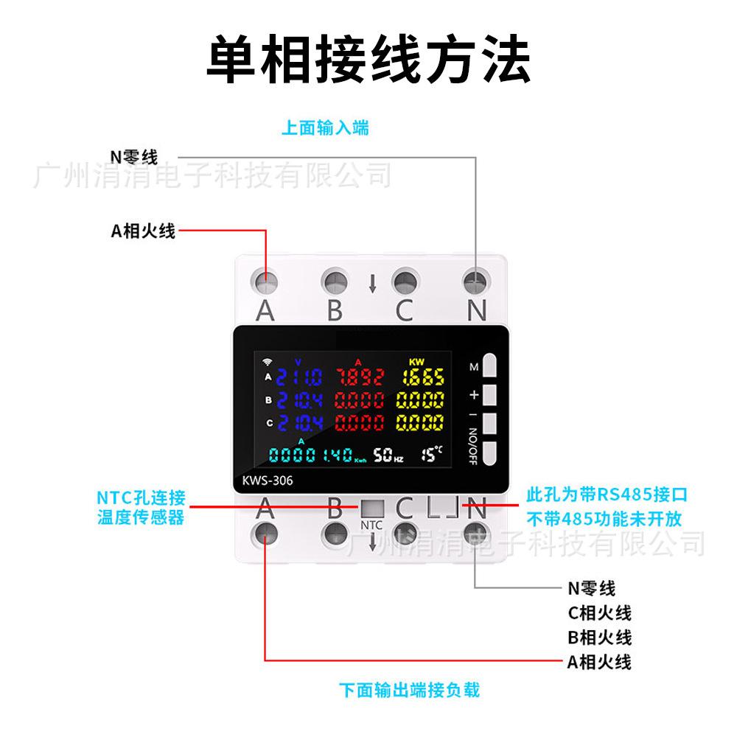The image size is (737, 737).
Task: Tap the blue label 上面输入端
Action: [x=325, y=128]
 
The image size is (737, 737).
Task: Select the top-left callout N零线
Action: [x=133, y=157]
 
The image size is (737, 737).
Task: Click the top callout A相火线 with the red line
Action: [x=143, y=231]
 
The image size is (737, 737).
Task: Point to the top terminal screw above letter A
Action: [x=265, y=281]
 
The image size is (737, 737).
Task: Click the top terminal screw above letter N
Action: [x=476, y=281]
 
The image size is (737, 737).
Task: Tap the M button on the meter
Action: [x=491, y=366]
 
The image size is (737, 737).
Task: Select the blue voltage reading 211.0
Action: [x=298, y=378]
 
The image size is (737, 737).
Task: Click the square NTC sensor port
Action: [x=372, y=509]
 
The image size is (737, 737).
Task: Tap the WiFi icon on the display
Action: [x=266, y=362]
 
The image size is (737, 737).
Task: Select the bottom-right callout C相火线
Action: [x=599, y=612]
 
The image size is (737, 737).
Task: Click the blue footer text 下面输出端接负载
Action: [x=409, y=691]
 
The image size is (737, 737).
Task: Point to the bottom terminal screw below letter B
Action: [x=335, y=533]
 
